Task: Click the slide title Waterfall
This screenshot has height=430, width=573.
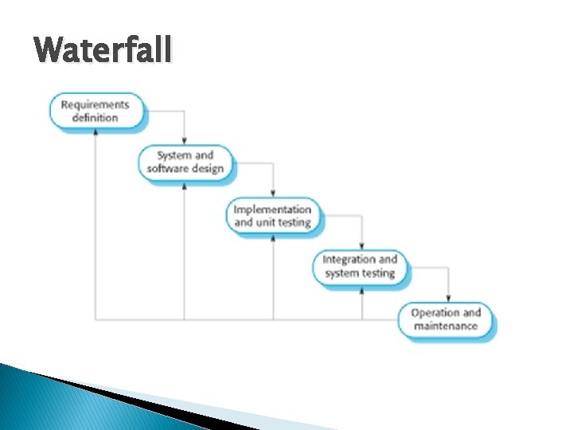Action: [x=103, y=51]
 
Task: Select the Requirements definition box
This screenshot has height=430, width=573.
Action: [x=95, y=111]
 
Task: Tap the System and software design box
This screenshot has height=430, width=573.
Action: [x=185, y=162]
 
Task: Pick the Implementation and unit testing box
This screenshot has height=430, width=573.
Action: [x=273, y=216]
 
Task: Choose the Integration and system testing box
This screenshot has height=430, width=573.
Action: [x=361, y=267]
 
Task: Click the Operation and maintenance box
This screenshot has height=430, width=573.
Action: [x=446, y=319]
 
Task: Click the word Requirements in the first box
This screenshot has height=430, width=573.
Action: [x=95, y=104]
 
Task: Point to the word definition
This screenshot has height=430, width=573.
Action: [x=95, y=118]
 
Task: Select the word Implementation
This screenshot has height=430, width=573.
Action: [x=273, y=209]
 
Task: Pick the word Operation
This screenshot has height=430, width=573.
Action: [x=435, y=312]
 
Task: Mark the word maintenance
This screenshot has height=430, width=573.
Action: [x=446, y=326]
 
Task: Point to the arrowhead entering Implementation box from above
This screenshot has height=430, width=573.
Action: [x=273, y=193]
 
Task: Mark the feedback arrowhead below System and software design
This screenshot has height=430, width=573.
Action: [x=185, y=186]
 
